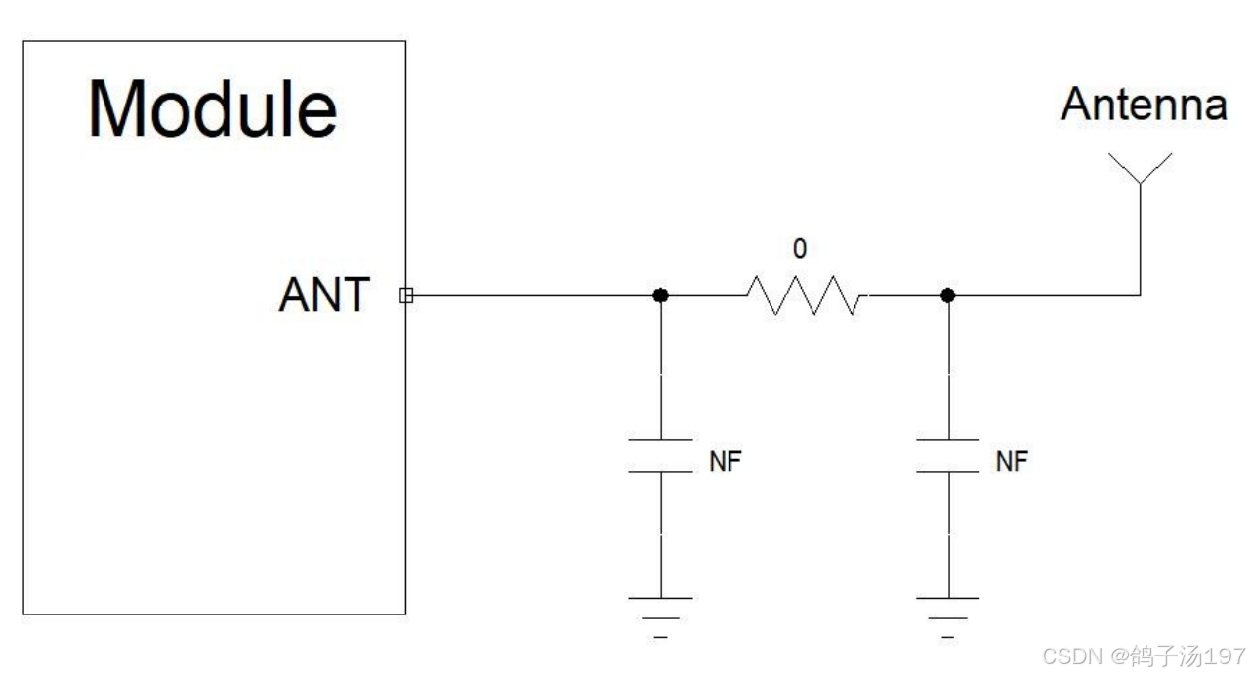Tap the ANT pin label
click(324, 294)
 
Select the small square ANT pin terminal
click(404, 295)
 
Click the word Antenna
click(1144, 105)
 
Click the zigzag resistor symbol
click(804, 295)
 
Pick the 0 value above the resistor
click(800, 249)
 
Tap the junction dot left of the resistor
click(660, 295)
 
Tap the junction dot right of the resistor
click(946, 295)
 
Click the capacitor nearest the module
click(660, 455)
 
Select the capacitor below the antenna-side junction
click(946, 455)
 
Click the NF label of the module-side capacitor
click(726, 461)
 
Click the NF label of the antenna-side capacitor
click(1012, 461)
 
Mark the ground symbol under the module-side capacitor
click(660, 614)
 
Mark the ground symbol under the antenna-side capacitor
click(946, 614)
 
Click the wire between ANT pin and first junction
click(532, 295)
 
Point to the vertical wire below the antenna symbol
click(1140, 244)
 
